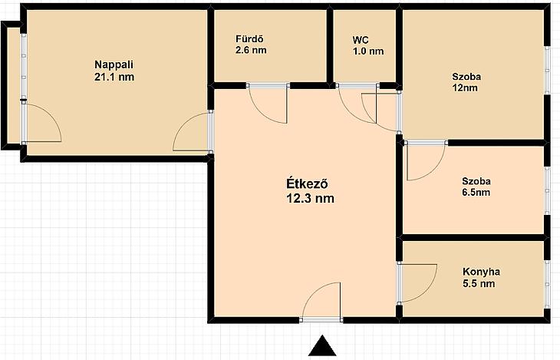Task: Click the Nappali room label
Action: (114, 65)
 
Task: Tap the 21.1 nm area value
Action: (114, 77)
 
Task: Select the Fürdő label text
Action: (249, 38)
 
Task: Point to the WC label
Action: (361, 40)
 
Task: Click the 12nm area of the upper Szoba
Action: (465, 88)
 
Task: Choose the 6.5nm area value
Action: (476, 193)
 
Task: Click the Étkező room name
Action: (308, 183)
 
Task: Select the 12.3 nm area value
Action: (311, 198)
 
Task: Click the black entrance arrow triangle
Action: (322, 346)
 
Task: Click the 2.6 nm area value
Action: (251, 50)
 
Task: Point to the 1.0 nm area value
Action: (368, 51)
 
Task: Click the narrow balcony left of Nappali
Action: (14, 85)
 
